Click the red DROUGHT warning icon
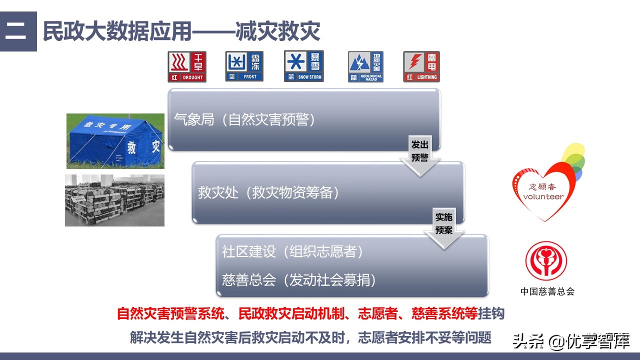[187, 66]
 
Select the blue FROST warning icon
[244, 66]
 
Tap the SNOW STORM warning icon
[303, 66]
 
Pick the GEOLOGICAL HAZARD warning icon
[365, 67]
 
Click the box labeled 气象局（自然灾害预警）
[303, 119]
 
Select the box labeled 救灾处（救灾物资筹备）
[328, 192]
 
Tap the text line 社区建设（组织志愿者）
[292, 251]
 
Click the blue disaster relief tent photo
[115, 140]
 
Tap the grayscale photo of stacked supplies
[114, 200]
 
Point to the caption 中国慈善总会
[547, 291]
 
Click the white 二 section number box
[18, 31]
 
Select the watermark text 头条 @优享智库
[570, 342]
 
